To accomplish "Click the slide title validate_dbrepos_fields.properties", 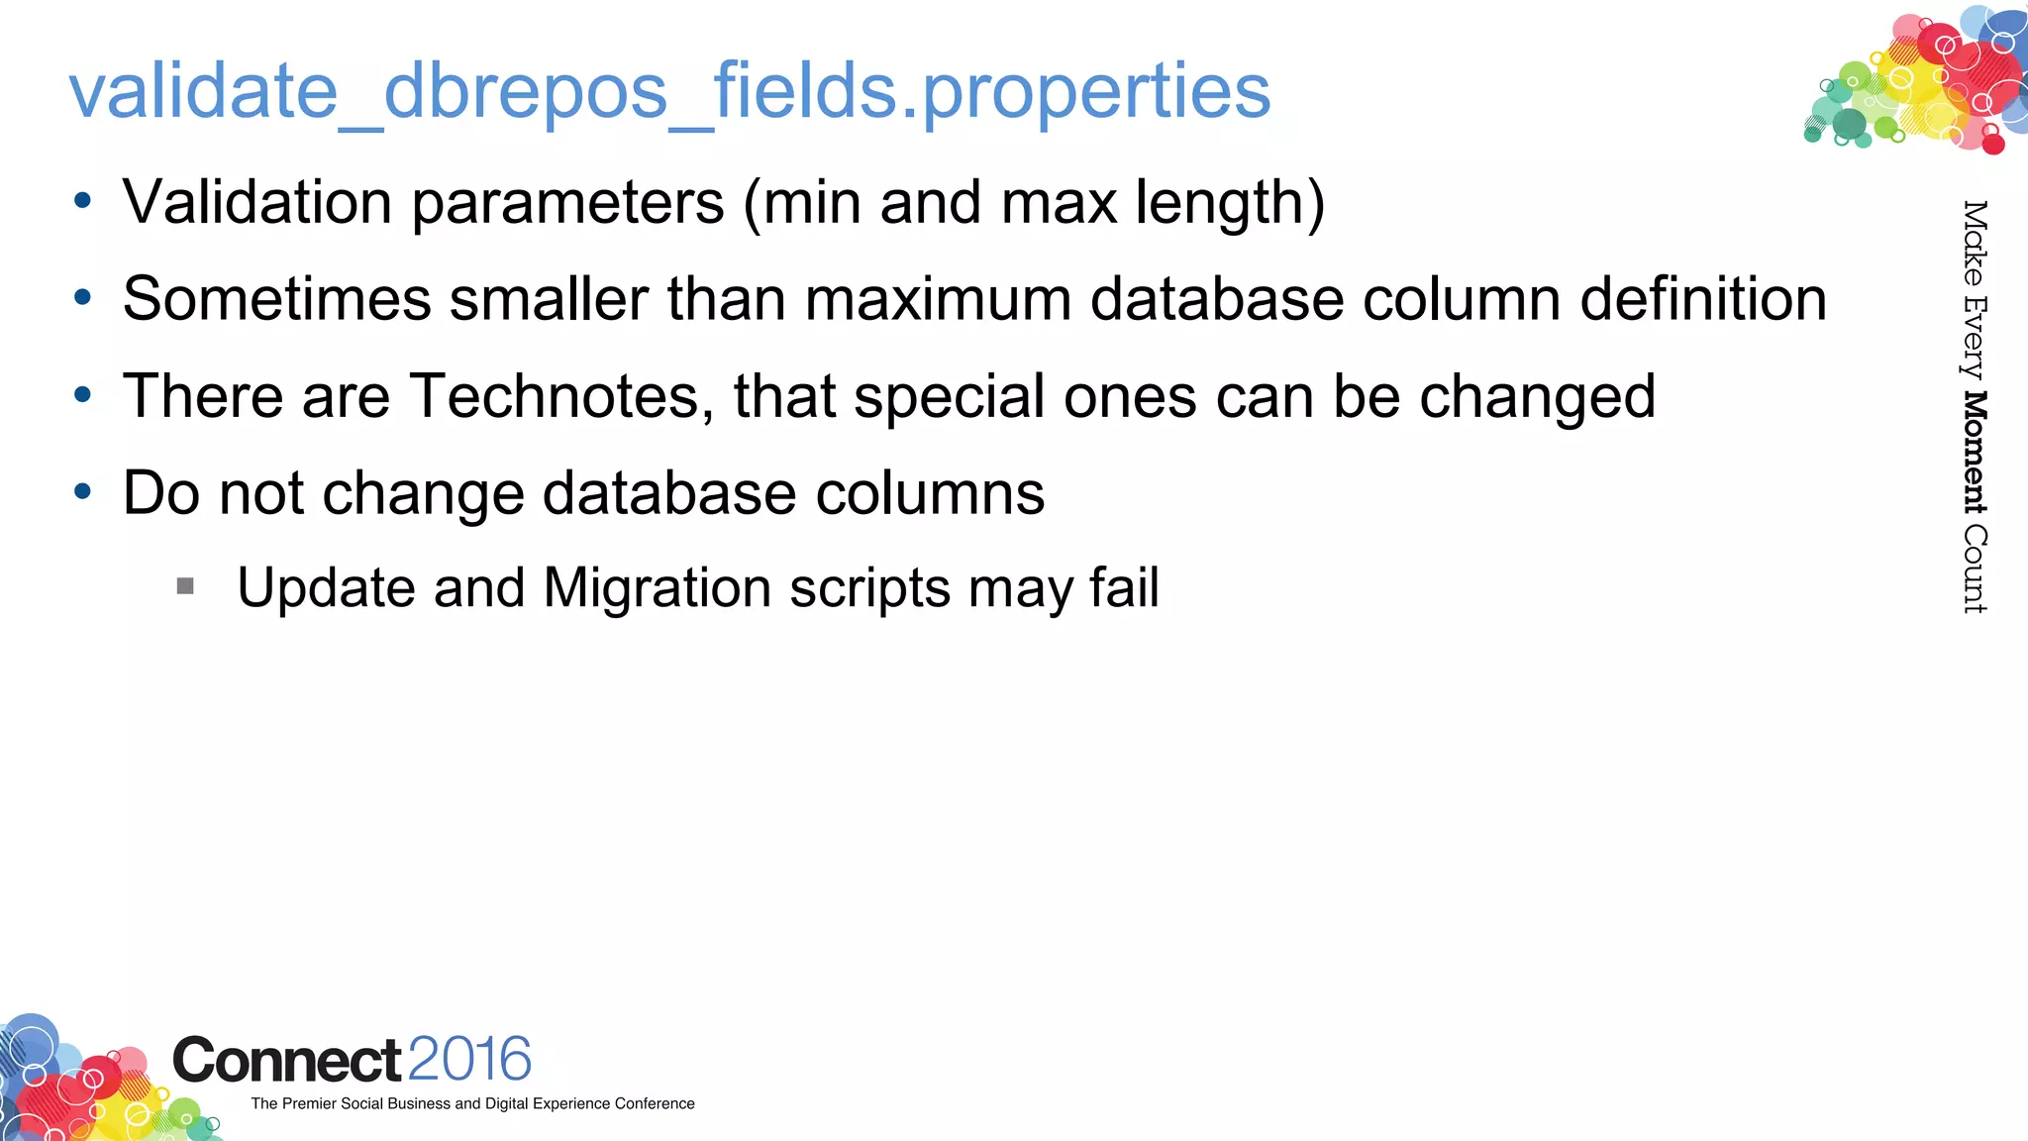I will pos(669,91).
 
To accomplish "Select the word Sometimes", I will pos(277,299).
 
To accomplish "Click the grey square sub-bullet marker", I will pos(185,586).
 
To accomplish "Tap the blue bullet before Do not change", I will pos(83,491).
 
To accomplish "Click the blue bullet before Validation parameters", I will pos(83,201).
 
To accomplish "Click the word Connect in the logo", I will pos(287,1061).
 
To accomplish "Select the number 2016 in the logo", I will pos(469,1059).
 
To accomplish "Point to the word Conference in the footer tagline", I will pos(655,1103).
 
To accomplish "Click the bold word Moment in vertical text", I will pos(1975,453).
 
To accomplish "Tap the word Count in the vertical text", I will pos(1975,570).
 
